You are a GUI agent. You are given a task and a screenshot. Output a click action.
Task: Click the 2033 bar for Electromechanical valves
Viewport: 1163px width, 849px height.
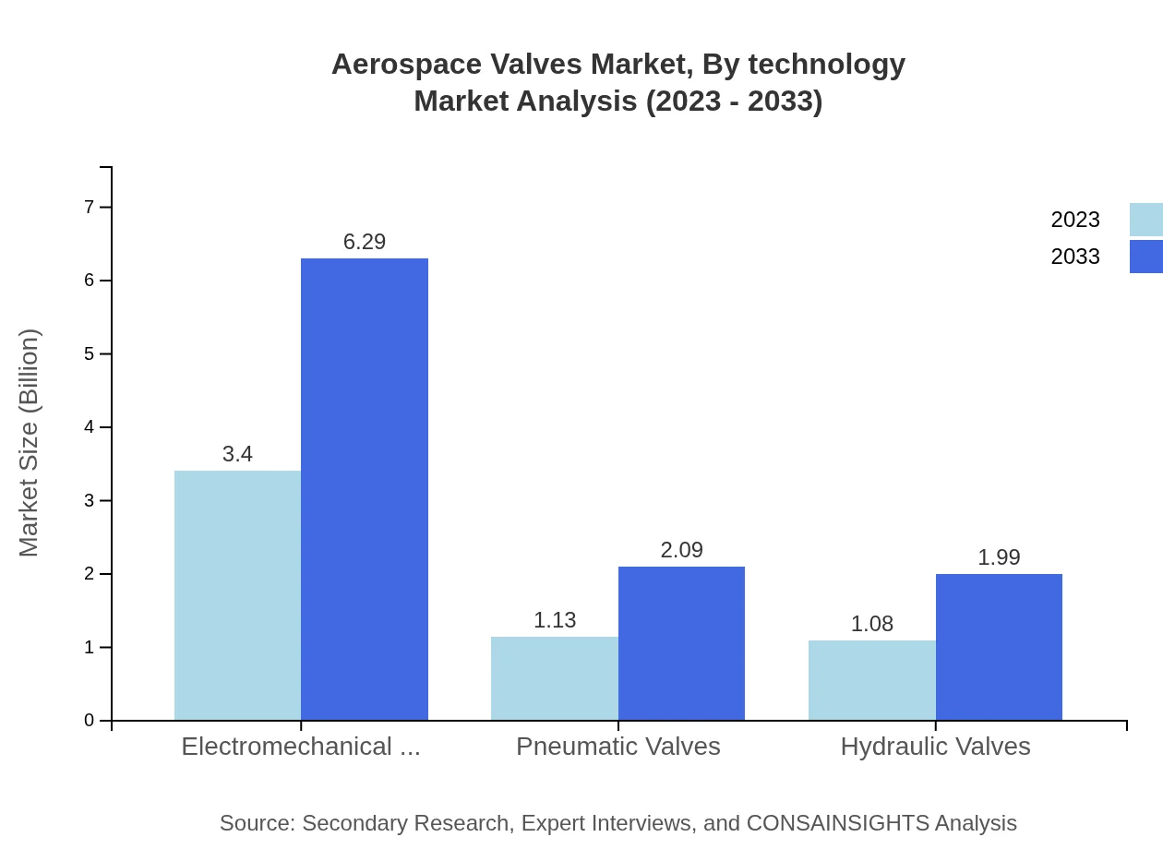tap(365, 489)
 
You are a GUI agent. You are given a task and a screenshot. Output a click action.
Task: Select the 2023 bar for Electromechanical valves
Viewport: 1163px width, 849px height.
tap(237, 595)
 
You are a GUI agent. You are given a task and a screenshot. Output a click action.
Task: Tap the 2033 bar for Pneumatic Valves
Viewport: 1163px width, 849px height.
tap(681, 643)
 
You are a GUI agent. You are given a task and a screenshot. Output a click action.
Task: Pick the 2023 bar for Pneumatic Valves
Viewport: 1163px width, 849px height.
tap(555, 678)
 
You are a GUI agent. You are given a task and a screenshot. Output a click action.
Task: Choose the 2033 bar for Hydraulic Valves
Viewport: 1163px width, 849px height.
tap(999, 647)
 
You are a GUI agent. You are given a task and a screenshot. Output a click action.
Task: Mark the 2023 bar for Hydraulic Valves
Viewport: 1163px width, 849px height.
tap(872, 680)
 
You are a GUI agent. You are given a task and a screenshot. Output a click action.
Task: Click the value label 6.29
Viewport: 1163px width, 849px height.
tap(365, 242)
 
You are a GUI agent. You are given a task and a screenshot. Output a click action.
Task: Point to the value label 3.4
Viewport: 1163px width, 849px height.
tap(237, 454)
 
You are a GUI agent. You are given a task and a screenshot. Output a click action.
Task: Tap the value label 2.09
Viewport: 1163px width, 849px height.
tap(681, 550)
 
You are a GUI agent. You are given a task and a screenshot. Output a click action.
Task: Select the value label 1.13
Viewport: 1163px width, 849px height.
tap(555, 620)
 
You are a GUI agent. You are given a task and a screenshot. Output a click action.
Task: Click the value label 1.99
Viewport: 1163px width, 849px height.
tap(999, 557)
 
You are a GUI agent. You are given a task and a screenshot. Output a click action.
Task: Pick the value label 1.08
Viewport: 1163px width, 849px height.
tap(872, 624)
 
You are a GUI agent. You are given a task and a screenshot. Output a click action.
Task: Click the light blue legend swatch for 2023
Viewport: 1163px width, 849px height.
tap(1145, 220)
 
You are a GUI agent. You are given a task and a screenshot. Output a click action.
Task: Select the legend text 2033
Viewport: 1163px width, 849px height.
tap(1075, 257)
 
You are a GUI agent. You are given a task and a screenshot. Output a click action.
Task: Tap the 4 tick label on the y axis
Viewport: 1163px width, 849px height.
tap(90, 427)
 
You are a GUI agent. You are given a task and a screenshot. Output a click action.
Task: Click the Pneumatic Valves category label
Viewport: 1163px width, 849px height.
tap(618, 746)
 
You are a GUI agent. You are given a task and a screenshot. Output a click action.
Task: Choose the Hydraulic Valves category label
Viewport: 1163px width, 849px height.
tap(935, 746)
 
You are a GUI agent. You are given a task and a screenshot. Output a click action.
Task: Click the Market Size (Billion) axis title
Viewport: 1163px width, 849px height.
tap(29, 443)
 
